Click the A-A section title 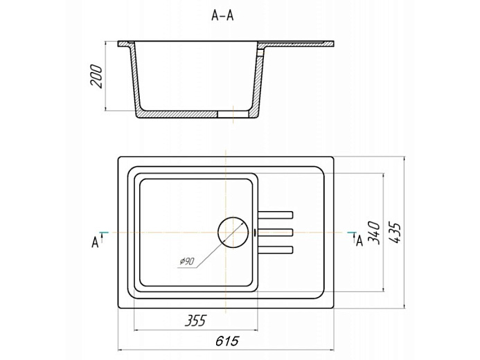pyautogui.click(x=222, y=15)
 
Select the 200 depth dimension pyautogui.click(x=96, y=76)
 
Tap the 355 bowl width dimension pyautogui.click(x=195, y=321)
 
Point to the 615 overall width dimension pyautogui.click(x=226, y=341)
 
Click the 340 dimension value pyautogui.click(x=374, y=233)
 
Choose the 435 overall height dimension pyautogui.click(x=395, y=233)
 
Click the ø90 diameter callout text pyautogui.click(x=187, y=262)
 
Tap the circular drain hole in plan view pyautogui.click(x=233, y=232)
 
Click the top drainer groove pyautogui.click(x=276, y=215)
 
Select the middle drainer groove pyautogui.click(x=276, y=233)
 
